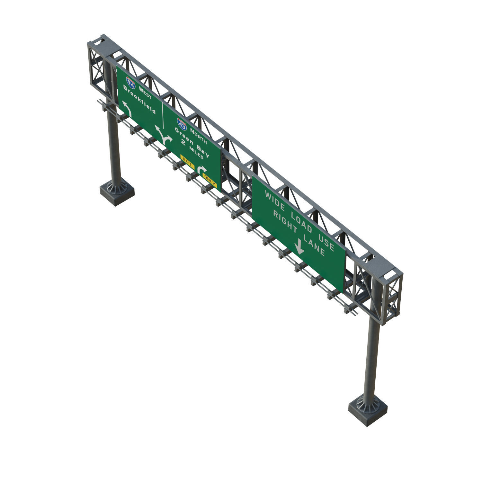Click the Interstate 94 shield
point(131,83)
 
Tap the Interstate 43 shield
point(182,124)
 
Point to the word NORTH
point(198,136)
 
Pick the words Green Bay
point(192,142)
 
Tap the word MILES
point(196,152)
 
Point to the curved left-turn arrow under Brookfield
point(126,109)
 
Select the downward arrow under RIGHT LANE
point(299,246)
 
